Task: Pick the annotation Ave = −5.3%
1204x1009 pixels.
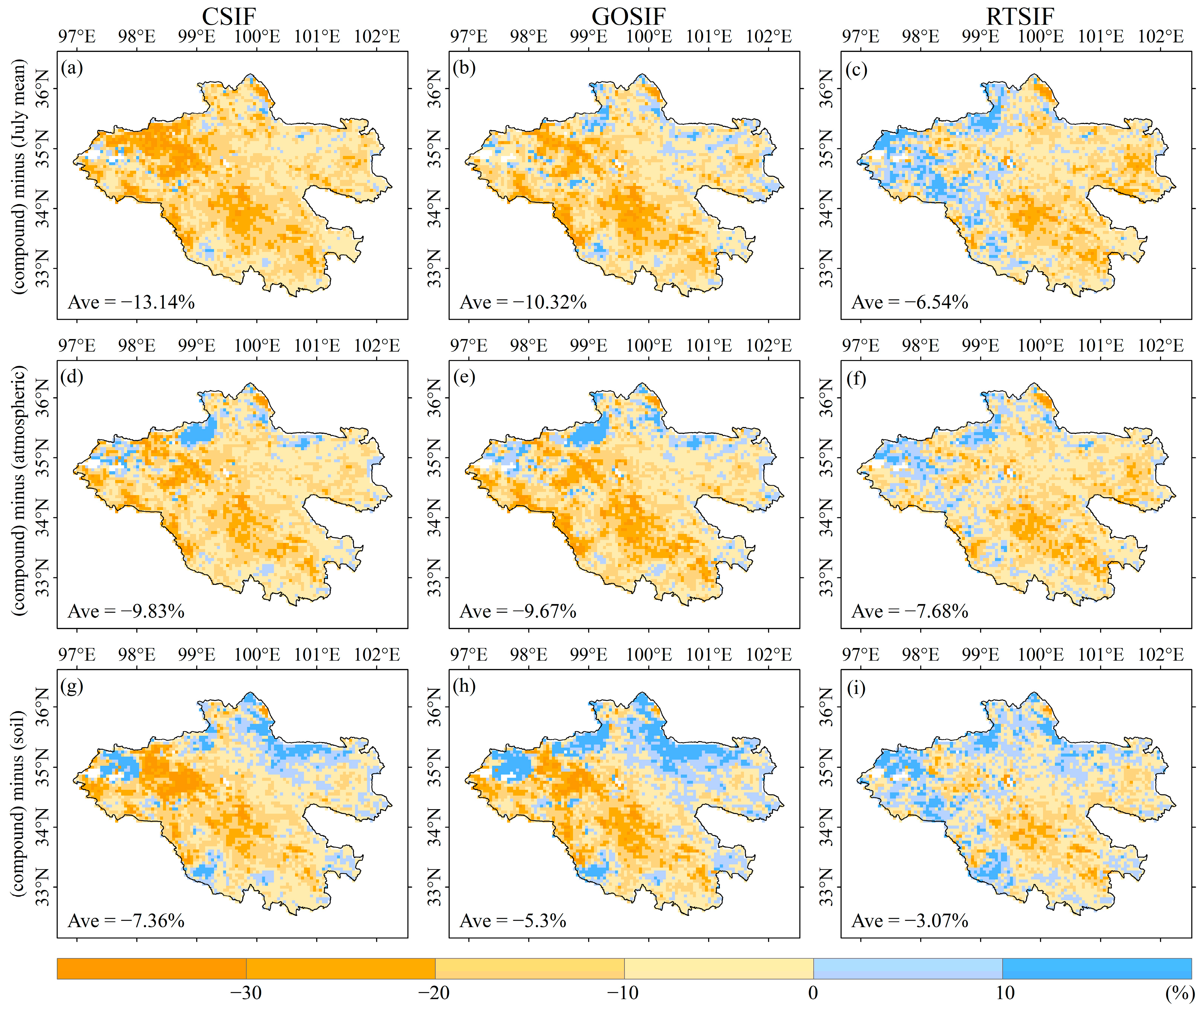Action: pyautogui.click(x=513, y=921)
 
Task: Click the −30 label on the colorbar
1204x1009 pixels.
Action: pyautogui.click(x=246, y=993)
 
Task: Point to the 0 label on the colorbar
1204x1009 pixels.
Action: pyautogui.click(x=813, y=993)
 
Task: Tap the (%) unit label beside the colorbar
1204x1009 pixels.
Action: pyautogui.click(x=1178, y=993)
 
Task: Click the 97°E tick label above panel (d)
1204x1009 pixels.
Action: pyautogui.click(x=77, y=346)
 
